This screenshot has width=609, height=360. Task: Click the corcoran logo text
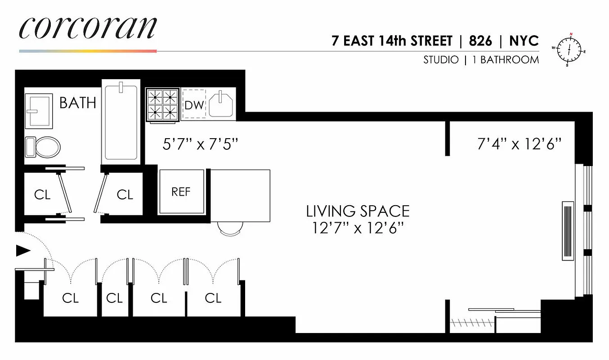[x=88, y=29]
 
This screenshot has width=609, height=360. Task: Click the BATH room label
[x=78, y=103]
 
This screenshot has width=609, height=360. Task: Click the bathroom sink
[x=40, y=110]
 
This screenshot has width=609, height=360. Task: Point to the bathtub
[x=121, y=122]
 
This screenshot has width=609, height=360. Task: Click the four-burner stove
[x=162, y=105]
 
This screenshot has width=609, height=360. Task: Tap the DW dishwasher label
[x=194, y=105]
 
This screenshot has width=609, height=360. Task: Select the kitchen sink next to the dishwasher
[x=221, y=104]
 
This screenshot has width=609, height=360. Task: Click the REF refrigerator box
[x=181, y=192]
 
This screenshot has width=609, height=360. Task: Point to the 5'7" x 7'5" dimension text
[x=200, y=144]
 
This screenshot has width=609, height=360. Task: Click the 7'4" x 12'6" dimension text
[x=519, y=144]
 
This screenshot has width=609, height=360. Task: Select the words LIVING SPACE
[x=358, y=211]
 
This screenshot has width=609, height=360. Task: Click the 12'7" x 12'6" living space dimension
[x=358, y=228]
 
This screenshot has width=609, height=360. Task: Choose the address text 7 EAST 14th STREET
[x=392, y=41]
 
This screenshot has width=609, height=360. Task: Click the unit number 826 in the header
[x=480, y=41]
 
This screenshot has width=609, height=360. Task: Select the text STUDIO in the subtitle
[x=441, y=60]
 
